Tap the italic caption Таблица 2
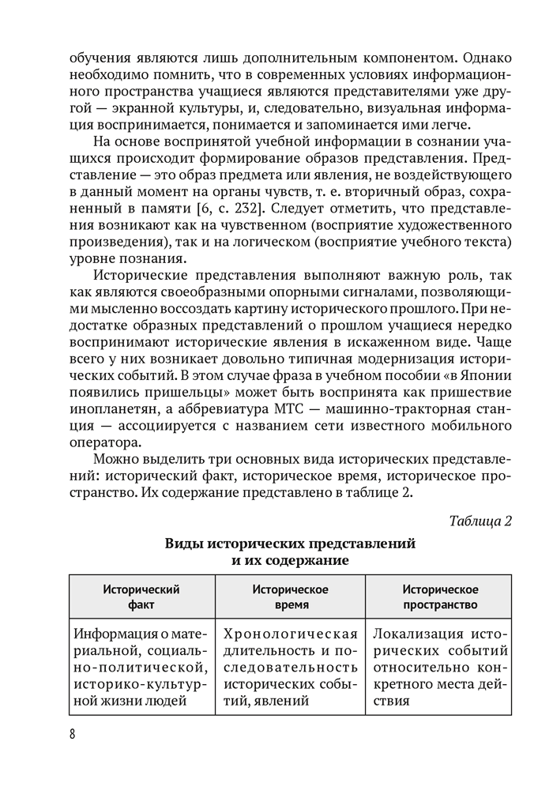[480, 521]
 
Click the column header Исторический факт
[142, 597]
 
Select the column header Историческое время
[290, 597]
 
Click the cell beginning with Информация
[142, 668]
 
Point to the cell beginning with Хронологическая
[290, 668]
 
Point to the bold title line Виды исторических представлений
[289, 544]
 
